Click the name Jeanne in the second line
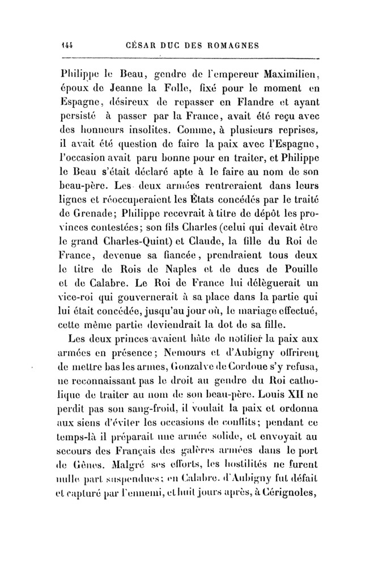click(146, 89)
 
